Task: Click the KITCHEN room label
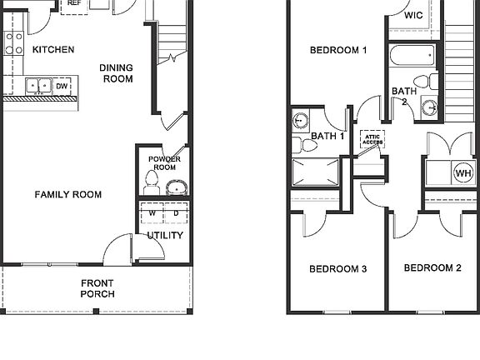[x=53, y=50]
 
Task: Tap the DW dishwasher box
[x=62, y=85]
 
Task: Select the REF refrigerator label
[x=74, y=3]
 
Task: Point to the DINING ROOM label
[x=117, y=73]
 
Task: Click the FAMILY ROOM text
[x=68, y=195]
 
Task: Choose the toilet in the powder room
[x=152, y=182]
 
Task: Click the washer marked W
[x=152, y=214]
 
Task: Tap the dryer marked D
[x=175, y=214]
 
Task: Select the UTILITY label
[x=165, y=236]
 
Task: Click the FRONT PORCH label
[x=97, y=287]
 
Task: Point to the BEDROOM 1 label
[x=338, y=50]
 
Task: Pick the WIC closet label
[x=413, y=16]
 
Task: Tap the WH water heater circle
[x=462, y=172]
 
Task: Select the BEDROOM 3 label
[x=338, y=269]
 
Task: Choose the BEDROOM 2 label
[x=432, y=268]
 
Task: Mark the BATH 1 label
[x=327, y=136]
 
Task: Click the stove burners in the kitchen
[x=13, y=42]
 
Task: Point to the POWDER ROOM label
[x=165, y=163]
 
